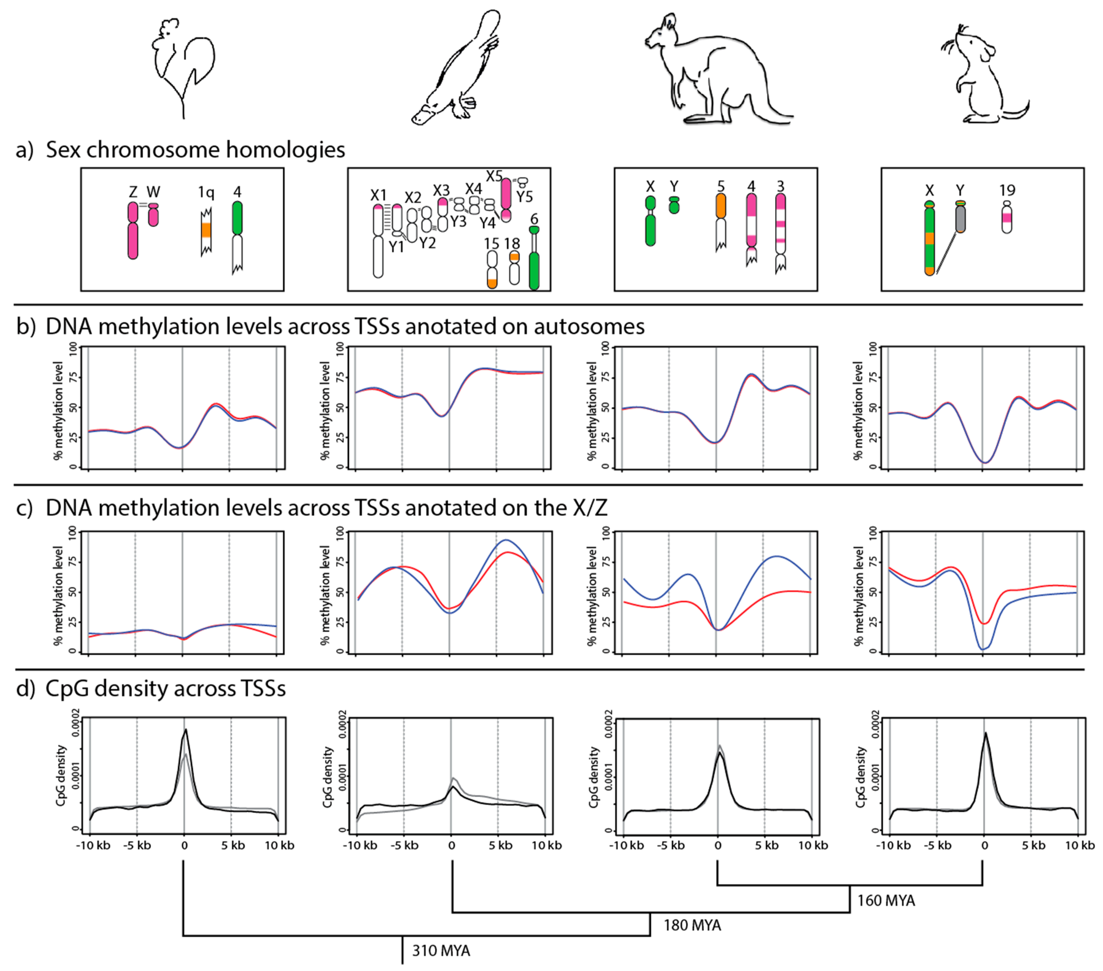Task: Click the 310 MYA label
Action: point(441,950)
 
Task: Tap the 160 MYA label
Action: point(886,900)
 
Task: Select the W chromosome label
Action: point(153,192)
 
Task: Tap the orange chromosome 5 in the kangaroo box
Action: point(720,206)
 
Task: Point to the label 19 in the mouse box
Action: point(1007,190)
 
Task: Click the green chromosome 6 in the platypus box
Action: point(534,264)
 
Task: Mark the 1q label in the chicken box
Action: point(206,192)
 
